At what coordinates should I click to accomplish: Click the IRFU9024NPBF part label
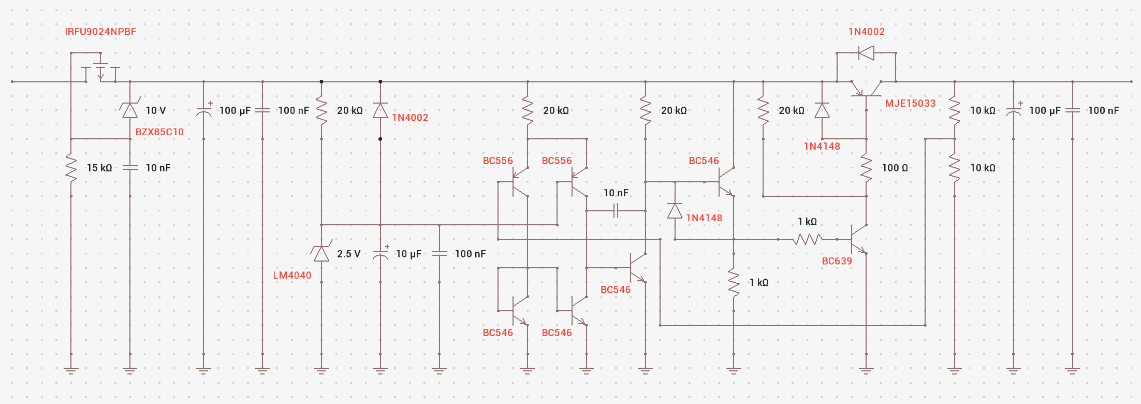click(100, 32)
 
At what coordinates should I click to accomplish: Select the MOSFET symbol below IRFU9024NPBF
click(100, 70)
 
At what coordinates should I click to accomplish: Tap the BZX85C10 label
click(159, 132)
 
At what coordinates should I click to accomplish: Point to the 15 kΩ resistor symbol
click(71, 168)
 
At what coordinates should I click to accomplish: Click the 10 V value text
click(156, 110)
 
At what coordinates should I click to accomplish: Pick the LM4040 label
click(292, 276)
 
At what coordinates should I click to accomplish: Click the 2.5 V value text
click(348, 254)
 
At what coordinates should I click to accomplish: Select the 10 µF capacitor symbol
click(381, 254)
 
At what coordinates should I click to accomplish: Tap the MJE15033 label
click(910, 103)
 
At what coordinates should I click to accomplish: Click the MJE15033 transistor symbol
click(866, 90)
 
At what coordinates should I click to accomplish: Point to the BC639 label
click(837, 261)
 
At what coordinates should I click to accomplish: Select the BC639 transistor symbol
click(859, 239)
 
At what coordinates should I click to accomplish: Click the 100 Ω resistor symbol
click(866, 168)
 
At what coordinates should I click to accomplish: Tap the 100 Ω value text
click(895, 168)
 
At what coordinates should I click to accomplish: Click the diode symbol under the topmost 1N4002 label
click(866, 53)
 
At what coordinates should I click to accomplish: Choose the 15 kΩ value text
click(99, 168)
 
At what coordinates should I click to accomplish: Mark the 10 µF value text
click(408, 254)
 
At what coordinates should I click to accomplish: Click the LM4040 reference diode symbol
click(321, 254)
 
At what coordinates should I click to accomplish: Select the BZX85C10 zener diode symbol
click(130, 110)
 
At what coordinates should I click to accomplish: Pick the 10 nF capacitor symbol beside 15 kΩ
click(130, 168)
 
